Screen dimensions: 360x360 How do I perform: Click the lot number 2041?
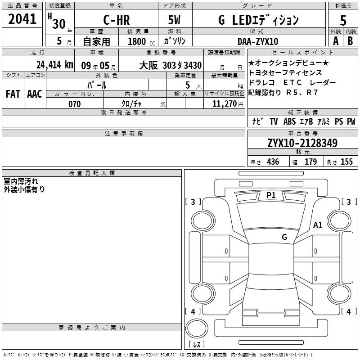(22, 19)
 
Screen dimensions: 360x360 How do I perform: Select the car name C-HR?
(117, 20)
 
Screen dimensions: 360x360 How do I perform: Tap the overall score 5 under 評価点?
(343, 21)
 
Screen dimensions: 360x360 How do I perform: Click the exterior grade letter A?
(336, 41)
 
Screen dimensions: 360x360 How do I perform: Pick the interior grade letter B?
(350, 41)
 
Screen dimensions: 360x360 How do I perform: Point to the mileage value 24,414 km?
(55, 65)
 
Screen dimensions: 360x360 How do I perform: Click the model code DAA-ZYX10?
(258, 41)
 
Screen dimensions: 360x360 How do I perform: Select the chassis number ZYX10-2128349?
(302, 143)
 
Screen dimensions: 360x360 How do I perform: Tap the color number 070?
(75, 104)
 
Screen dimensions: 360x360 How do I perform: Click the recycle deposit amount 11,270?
(225, 104)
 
